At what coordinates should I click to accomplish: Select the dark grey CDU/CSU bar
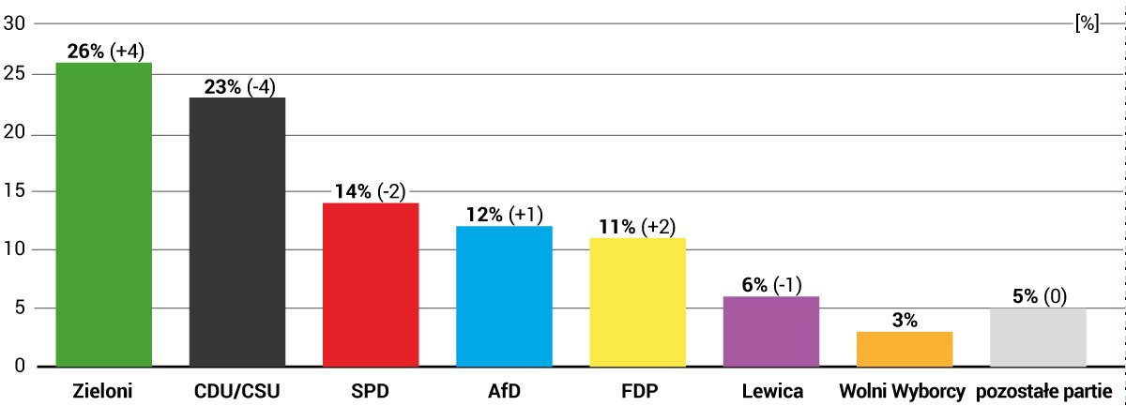click(237, 232)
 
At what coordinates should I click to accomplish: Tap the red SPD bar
click(371, 284)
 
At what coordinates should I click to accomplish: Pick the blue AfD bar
click(504, 295)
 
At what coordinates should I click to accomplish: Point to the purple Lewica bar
click(771, 331)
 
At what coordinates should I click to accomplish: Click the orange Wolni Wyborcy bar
click(905, 348)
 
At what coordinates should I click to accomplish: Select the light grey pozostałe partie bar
click(1038, 337)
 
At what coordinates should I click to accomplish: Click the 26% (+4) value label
click(105, 52)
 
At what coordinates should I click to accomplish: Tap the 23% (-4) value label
click(239, 86)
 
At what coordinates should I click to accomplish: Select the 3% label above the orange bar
click(905, 320)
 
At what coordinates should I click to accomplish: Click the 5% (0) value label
click(1039, 296)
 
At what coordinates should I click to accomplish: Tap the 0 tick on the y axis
click(19, 366)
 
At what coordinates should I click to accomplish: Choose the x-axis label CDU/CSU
click(237, 390)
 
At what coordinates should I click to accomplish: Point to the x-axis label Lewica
click(771, 390)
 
